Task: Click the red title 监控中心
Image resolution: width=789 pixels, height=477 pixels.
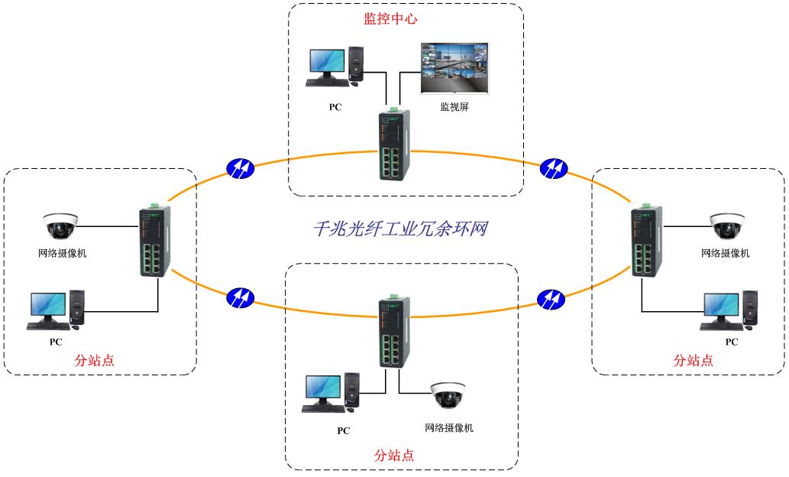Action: pos(390,19)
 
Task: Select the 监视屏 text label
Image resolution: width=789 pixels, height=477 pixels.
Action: pos(454,108)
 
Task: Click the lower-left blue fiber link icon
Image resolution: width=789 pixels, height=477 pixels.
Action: pos(240,297)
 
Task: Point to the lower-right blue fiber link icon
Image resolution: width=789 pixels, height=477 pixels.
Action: pos(553,297)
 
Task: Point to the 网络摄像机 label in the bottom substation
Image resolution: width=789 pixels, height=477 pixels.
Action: pos(449,428)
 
